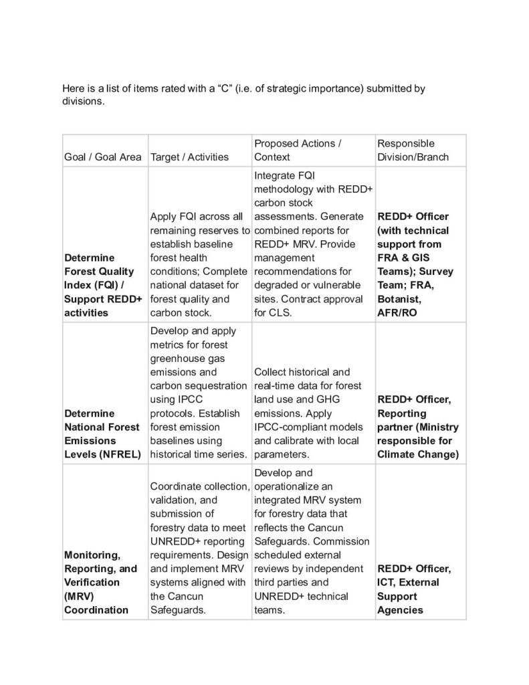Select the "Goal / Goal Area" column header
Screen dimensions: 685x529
click(102, 157)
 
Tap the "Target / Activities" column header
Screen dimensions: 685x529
click(190, 157)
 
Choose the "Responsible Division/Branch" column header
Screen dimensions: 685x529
click(413, 151)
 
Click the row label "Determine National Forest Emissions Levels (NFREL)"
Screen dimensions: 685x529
click(102, 434)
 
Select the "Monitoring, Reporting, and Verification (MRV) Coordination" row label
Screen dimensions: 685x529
click(100, 582)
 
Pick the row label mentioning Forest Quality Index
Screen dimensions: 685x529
click(102, 285)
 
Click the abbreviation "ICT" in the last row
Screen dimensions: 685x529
click(387, 583)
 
